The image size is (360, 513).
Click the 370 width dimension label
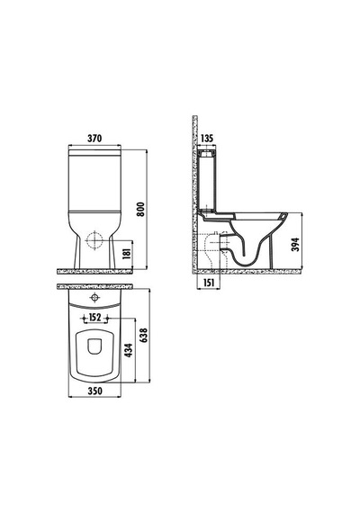[x=94, y=139]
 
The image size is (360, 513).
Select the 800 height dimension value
[x=140, y=210]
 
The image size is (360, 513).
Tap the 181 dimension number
[x=127, y=253]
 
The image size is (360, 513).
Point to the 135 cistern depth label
[x=206, y=139]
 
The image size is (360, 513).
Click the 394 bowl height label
[x=295, y=245]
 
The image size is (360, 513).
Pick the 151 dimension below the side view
[x=208, y=283]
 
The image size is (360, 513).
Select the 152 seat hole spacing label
[x=94, y=318]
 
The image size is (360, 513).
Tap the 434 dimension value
[x=129, y=350]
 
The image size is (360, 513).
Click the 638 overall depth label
[x=143, y=336]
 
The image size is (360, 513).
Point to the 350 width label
[x=94, y=391]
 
